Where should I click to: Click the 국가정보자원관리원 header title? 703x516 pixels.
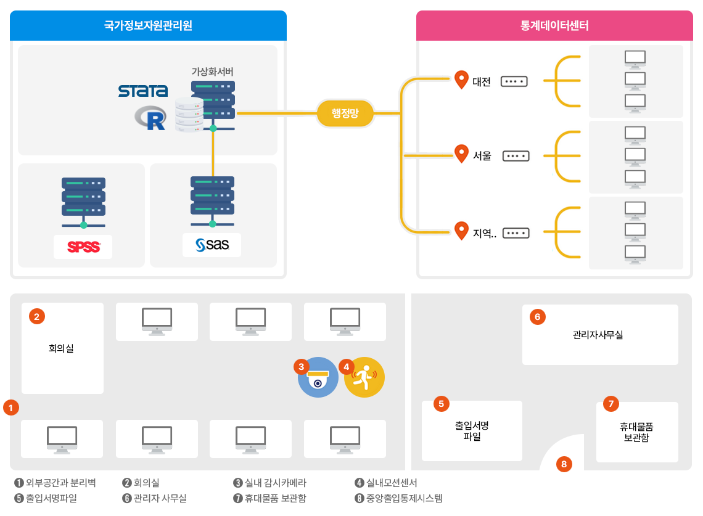[148, 26]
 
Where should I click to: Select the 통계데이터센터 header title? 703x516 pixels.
[554, 26]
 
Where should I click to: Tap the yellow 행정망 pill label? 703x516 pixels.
[345, 113]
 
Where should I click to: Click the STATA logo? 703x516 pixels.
[143, 91]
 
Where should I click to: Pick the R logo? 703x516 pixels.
[152, 118]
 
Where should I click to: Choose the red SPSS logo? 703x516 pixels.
[83, 247]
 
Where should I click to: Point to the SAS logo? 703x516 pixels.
[212, 245]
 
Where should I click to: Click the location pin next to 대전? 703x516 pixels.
[461, 80]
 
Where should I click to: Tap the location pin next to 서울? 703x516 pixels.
[461, 154]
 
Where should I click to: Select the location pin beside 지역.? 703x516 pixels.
[461, 231]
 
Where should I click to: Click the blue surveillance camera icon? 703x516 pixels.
[318, 377]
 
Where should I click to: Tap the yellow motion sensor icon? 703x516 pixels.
[364, 377]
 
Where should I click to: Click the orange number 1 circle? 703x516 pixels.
[11, 407]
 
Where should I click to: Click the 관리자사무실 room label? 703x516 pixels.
[598, 335]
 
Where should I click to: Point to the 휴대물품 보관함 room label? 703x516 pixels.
[636, 432]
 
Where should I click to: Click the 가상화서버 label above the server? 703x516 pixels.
[212, 72]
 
